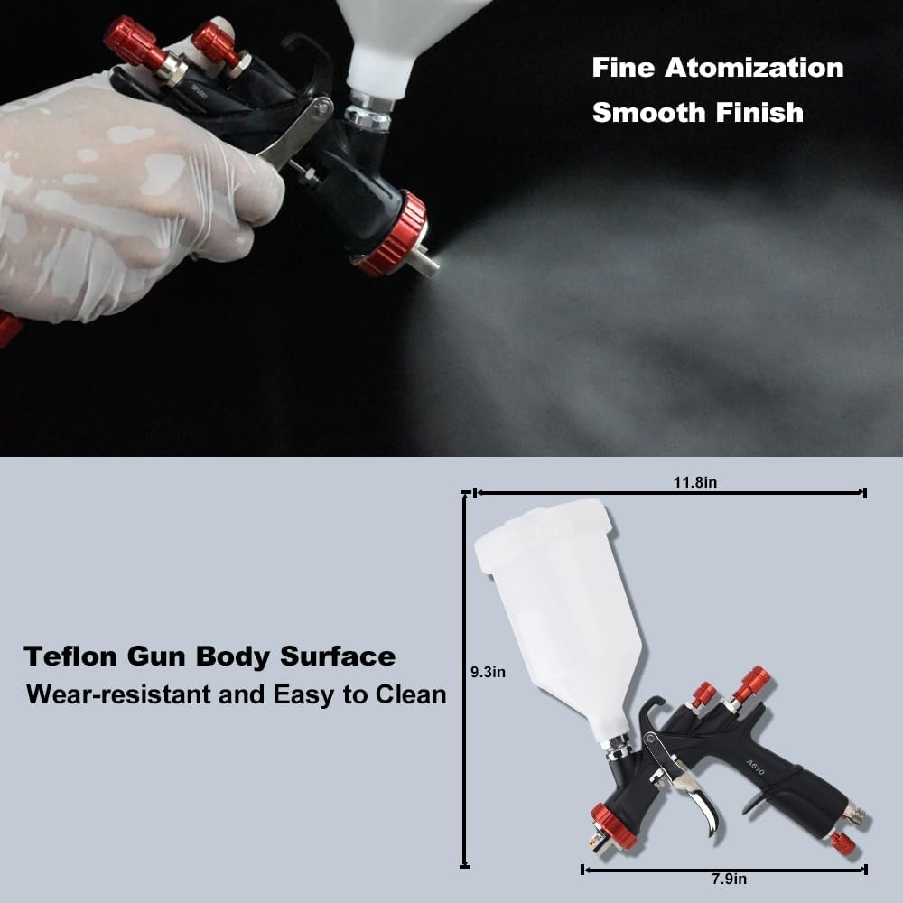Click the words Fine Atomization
tap(718, 68)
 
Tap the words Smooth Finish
tap(697, 114)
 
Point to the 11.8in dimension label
tap(694, 483)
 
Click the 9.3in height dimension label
tap(488, 672)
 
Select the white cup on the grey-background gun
tap(560, 605)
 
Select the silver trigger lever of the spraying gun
tap(293, 135)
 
